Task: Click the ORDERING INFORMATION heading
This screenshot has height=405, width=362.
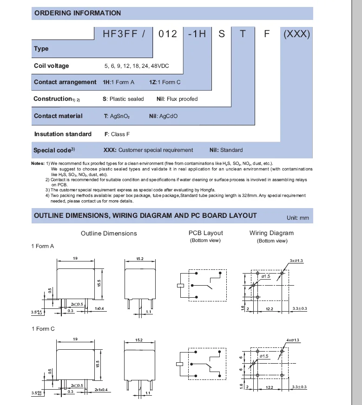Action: pyautogui.click(x=78, y=13)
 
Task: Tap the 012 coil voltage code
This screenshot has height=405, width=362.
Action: pyautogui.click(x=168, y=34)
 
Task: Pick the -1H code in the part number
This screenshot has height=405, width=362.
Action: pyautogui.click(x=197, y=34)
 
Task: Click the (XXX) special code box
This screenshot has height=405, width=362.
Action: pyautogui.click(x=296, y=34)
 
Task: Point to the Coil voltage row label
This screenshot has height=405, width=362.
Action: pyautogui.click(x=51, y=66)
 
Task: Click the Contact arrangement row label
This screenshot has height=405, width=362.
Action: pyautogui.click(x=65, y=82)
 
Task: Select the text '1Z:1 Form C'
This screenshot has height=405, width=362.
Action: pyautogui.click(x=165, y=82)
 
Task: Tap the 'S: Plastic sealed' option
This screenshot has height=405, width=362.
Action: pyautogui.click(x=123, y=99)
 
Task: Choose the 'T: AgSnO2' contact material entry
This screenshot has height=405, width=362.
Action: pyautogui.click(x=117, y=116)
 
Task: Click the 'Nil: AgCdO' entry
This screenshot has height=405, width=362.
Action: pyautogui.click(x=163, y=116)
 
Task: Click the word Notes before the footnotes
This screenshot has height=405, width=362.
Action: pyautogui.click(x=38, y=164)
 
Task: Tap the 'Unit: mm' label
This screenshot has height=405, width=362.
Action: pyautogui.click(x=297, y=218)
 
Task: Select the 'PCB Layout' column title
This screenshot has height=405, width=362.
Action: pyautogui.click(x=205, y=233)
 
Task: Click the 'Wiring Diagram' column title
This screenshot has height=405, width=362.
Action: pyautogui.click(x=271, y=233)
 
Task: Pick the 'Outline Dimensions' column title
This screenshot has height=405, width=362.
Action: pyautogui.click(x=109, y=233)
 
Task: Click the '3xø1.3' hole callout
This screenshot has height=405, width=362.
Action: pyautogui.click(x=296, y=261)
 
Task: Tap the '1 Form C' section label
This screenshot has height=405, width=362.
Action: pyautogui.click(x=43, y=329)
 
